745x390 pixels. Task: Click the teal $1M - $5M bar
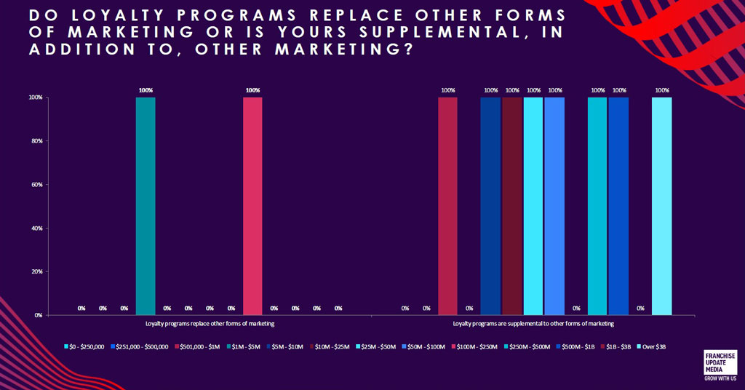point(146,206)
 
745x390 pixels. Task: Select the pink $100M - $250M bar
point(252,206)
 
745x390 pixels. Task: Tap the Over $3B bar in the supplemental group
point(662,206)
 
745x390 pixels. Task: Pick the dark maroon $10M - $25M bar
point(512,206)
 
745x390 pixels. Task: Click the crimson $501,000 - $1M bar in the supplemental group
point(447,206)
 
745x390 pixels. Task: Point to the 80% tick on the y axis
point(37,141)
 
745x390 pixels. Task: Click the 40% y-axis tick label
point(37,228)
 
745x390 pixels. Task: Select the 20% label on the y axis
point(37,271)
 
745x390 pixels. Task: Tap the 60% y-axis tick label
point(37,184)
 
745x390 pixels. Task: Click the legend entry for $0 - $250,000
point(84,347)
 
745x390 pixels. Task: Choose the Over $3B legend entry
point(651,347)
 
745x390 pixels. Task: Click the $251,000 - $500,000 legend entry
point(140,347)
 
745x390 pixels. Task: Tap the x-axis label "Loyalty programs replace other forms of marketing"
point(210,324)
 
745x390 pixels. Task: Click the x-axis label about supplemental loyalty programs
point(533,324)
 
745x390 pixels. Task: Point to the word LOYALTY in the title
point(119,15)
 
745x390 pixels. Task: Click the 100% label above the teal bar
point(146,90)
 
